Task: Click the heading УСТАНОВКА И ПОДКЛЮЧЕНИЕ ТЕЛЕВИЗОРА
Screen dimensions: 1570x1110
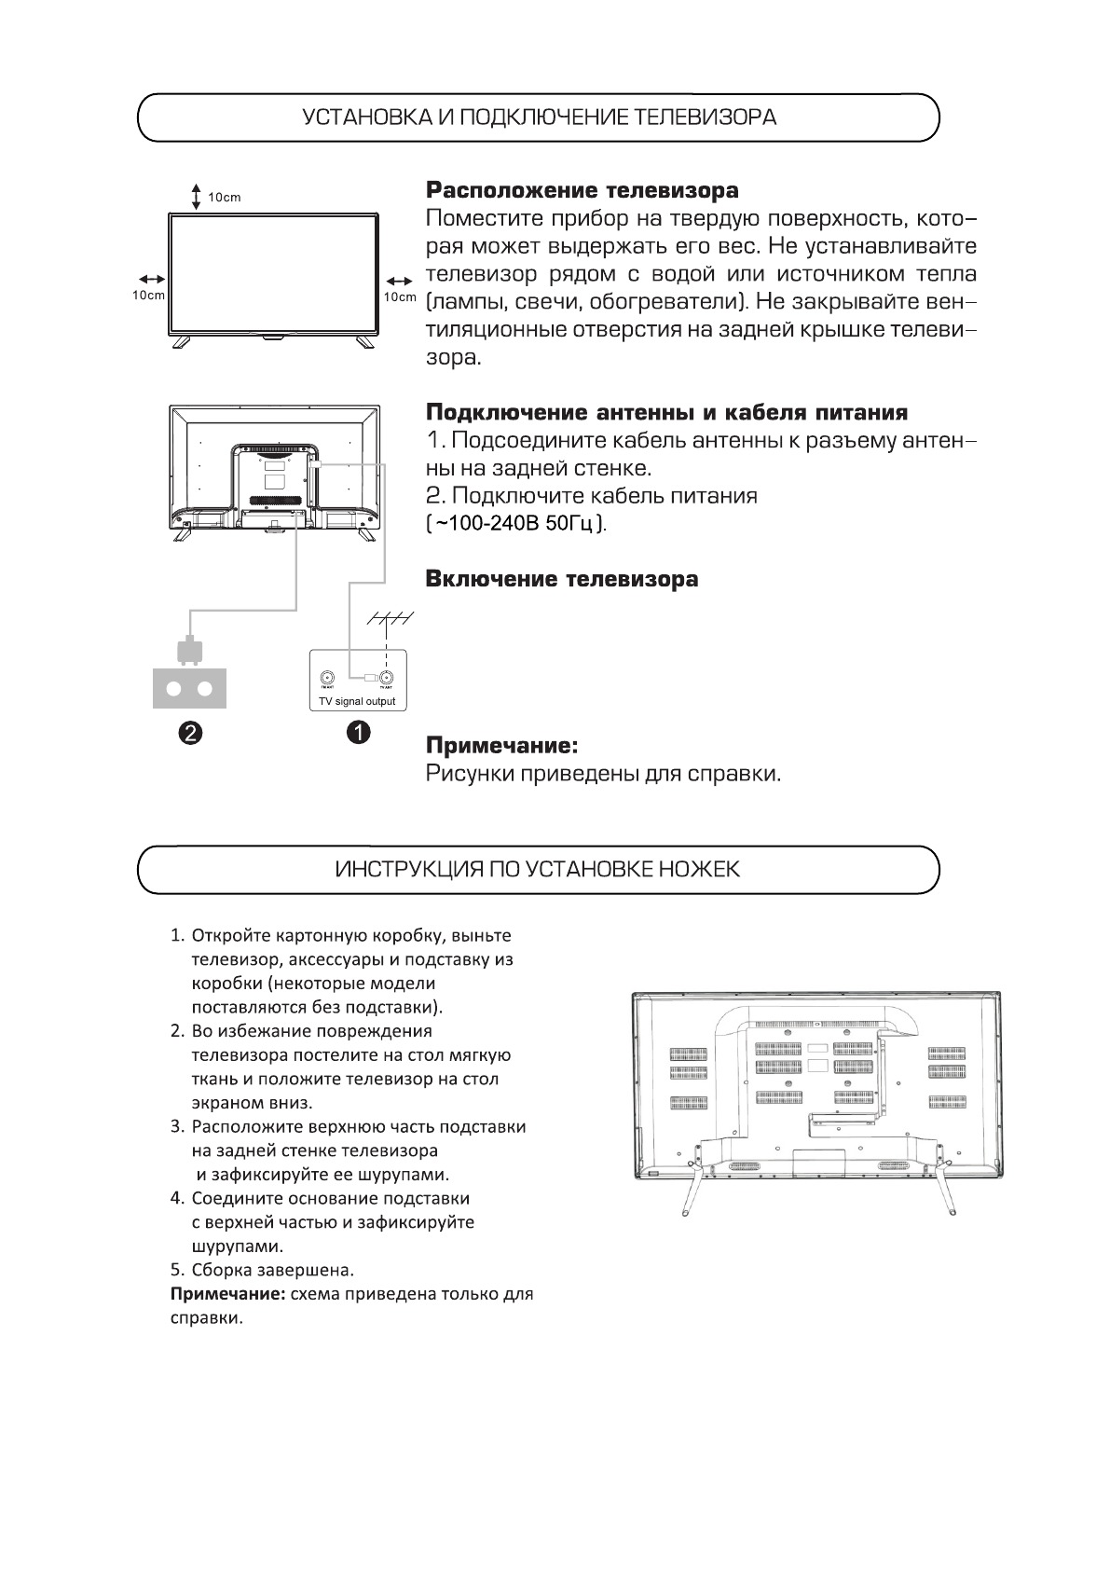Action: click(539, 117)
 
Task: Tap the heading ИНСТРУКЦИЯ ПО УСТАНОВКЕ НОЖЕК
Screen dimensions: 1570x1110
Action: click(538, 870)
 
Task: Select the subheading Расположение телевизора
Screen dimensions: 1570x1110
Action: click(582, 191)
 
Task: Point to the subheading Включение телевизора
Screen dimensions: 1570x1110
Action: click(561, 579)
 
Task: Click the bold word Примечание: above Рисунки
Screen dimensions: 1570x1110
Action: click(501, 746)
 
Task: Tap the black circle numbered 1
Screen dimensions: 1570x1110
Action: click(358, 733)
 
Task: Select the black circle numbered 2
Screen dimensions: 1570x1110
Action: click(189, 733)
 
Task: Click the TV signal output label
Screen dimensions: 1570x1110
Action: click(357, 701)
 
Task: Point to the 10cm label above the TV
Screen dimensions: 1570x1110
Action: click(224, 198)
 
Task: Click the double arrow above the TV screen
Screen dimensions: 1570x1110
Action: click(196, 197)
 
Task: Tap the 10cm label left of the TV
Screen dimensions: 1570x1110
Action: click(148, 296)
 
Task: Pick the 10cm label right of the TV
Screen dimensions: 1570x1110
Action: click(400, 296)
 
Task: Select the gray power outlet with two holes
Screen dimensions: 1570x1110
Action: click(189, 688)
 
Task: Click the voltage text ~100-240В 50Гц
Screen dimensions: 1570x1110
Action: click(515, 523)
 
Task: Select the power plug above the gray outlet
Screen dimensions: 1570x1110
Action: click(189, 652)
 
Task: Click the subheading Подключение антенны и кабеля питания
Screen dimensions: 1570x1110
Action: click(666, 412)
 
